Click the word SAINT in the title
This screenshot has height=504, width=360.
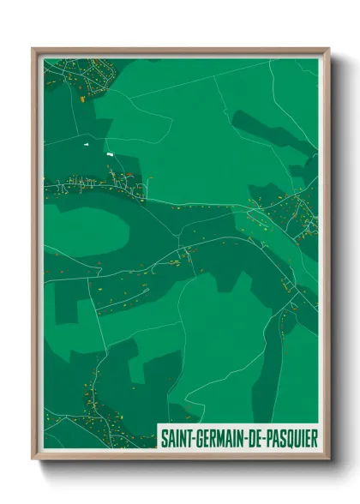click(177, 438)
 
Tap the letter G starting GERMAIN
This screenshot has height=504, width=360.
click(201, 438)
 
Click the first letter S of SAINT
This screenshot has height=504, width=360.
click(164, 438)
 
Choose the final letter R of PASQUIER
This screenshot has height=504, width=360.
click(314, 438)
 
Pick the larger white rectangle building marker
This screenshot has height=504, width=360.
click(109, 153)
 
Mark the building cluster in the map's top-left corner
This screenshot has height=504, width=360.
click(77, 77)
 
